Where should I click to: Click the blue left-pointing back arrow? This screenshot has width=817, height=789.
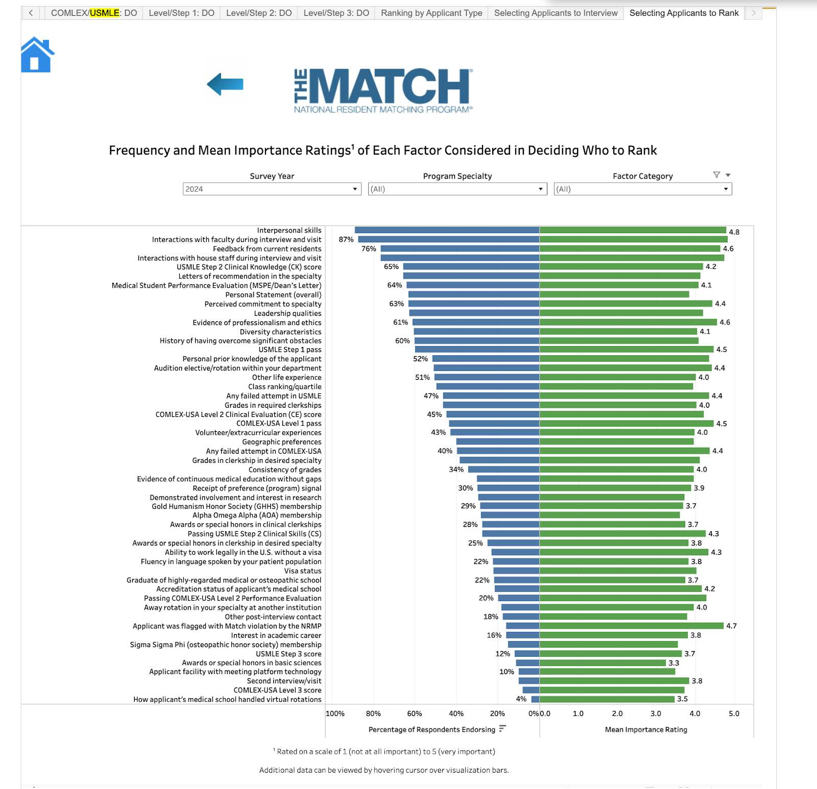[x=225, y=84]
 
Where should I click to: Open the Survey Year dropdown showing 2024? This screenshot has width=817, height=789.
[x=272, y=189]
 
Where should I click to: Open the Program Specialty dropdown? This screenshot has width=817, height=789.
[x=457, y=189]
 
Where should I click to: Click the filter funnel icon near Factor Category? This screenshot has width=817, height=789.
[x=716, y=175]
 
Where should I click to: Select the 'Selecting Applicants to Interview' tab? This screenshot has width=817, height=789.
[x=556, y=13]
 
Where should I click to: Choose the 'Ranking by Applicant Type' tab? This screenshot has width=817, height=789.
[x=431, y=13]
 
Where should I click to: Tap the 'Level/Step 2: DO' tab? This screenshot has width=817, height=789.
[x=259, y=13]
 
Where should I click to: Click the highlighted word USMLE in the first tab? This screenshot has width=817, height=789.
[x=105, y=13]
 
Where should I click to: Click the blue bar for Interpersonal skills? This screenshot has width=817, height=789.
[x=447, y=230]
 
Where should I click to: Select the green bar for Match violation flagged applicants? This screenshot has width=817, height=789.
[x=631, y=626]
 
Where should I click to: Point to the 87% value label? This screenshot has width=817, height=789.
[x=346, y=239]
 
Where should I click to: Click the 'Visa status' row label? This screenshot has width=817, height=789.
[x=303, y=571]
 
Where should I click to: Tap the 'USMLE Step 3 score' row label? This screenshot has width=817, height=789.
[x=289, y=654]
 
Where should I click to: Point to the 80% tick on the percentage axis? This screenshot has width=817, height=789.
[x=373, y=713]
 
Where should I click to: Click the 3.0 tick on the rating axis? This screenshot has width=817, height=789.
[x=656, y=713]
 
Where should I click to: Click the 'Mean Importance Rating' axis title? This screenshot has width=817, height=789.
[x=646, y=729]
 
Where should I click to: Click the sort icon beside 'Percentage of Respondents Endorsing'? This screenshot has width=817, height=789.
[x=502, y=729]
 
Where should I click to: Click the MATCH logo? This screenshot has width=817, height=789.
[x=383, y=90]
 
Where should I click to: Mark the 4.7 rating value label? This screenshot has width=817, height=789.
[x=731, y=626]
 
